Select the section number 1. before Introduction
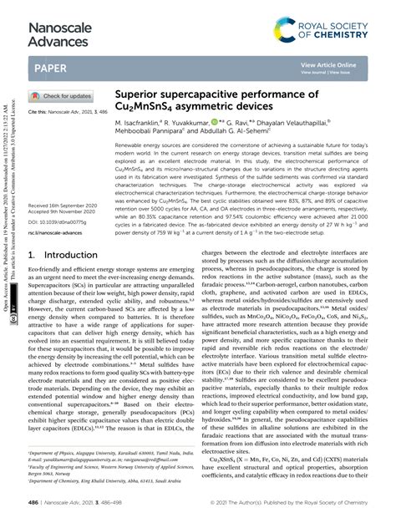pos(33,255)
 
